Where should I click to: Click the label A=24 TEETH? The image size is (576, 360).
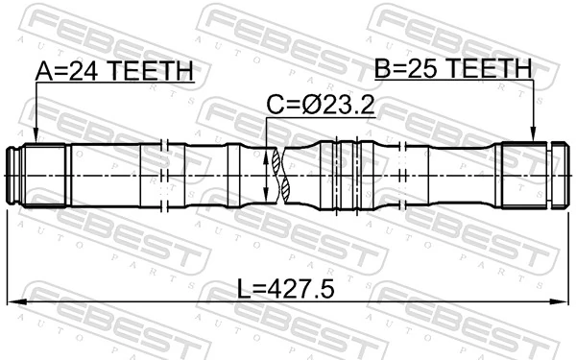(x=114, y=71)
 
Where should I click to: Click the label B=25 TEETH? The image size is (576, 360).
(x=452, y=68)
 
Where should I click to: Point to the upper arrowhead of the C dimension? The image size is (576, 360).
(x=268, y=152)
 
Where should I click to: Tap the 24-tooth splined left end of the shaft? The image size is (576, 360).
(x=43, y=175)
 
